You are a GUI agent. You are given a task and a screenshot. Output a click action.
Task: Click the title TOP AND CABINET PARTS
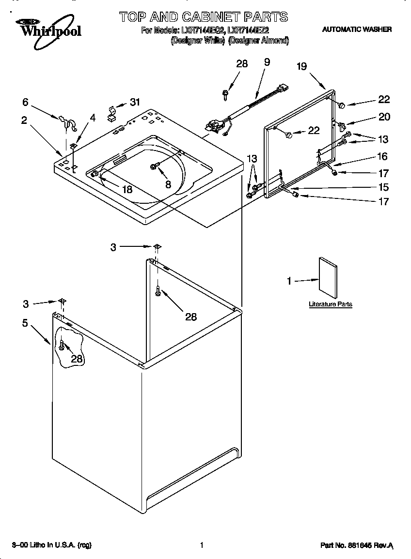click(x=204, y=17)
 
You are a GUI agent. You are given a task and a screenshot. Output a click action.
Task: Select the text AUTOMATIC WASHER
click(x=357, y=30)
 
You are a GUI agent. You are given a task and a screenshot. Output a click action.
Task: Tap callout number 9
click(x=267, y=62)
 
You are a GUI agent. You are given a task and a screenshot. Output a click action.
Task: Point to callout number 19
click(x=302, y=66)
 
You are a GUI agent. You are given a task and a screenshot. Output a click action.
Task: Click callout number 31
click(x=135, y=102)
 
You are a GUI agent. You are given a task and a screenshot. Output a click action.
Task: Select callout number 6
click(x=25, y=102)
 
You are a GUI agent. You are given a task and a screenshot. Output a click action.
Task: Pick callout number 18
click(x=127, y=189)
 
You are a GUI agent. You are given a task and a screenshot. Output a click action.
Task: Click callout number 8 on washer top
click(x=168, y=184)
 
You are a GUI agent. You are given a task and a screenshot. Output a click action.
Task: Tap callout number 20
click(x=384, y=117)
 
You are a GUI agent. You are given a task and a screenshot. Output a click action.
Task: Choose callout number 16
click(x=382, y=156)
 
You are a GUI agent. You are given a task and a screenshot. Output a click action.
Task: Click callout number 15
click(x=383, y=187)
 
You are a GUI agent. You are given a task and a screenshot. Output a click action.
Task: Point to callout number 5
click(x=25, y=323)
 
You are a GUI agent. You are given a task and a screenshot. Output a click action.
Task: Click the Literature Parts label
click(x=331, y=304)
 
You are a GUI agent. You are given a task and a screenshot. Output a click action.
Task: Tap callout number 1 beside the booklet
click(x=289, y=281)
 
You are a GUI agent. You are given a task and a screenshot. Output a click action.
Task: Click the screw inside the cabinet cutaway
click(x=62, y=346)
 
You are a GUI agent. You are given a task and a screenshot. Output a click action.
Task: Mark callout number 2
click(x=24, y=121)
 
